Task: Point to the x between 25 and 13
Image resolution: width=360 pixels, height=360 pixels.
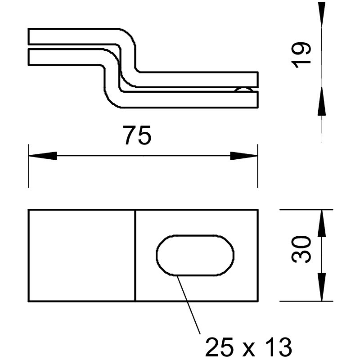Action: [249, 349]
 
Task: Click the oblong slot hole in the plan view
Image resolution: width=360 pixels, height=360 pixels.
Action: [195, 255]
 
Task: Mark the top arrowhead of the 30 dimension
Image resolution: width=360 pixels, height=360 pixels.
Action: [321, 223]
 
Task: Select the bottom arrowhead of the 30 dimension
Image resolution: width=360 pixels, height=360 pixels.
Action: [321, 288]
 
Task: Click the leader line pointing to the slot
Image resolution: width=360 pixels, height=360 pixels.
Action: [189, 306]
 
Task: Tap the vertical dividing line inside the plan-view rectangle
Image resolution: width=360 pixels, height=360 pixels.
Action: [135, 255]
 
